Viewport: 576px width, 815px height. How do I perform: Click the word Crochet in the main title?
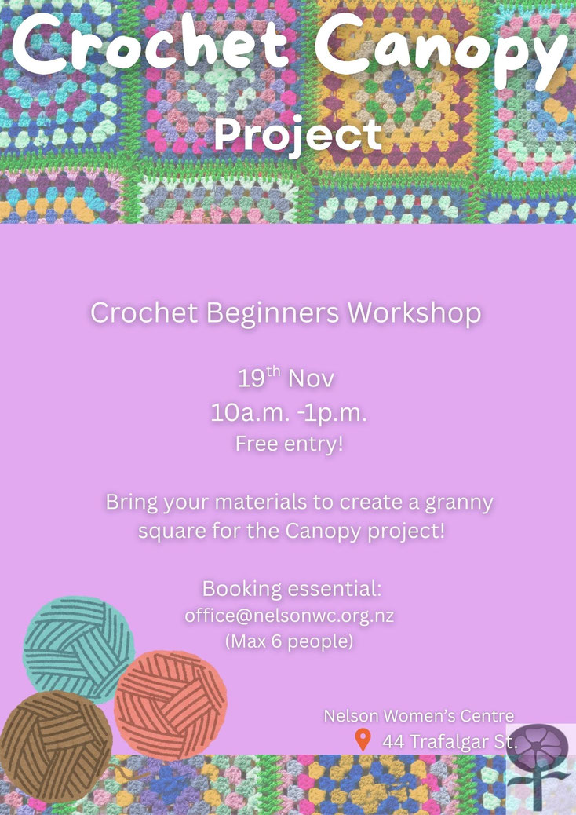click(151, 44)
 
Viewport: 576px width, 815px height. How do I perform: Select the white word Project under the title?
click(298, 134)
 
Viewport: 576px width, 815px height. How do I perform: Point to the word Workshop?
click(414, 314)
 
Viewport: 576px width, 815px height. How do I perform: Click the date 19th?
click(259, 377)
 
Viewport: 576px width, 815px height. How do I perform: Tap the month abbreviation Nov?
click(311, 379)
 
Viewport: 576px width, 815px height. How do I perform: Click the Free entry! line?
click(290, 444)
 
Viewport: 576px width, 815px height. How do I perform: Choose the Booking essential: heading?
click(292, 589)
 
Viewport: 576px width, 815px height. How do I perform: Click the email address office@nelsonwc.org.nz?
click(290, 616)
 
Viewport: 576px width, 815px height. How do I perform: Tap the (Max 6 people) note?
click(290, 642)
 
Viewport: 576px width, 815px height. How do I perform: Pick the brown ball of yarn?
click(56, 745)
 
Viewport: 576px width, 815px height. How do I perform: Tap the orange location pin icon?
click(363, 739)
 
